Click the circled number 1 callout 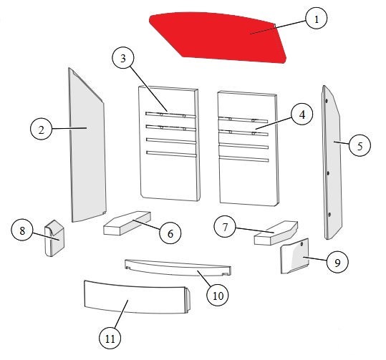click(317, 19)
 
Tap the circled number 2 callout click(41, 129)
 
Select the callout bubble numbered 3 click(123, 58)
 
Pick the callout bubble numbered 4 click(302, 115)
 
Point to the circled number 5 click(360, 146)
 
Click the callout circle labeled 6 click(170, 233)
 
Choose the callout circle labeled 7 click(225, 228)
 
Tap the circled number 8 click(22, 230)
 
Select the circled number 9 click(337, 263)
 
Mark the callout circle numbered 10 click(218, 296)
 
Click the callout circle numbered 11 click(110, 339)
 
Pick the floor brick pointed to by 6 click(127, 223)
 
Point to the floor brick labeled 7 click(276, 233)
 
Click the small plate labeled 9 click(294, 256)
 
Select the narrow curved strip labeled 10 click(178, 268)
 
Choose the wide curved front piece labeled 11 click(137, 297)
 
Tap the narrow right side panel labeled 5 click(332, 162)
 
